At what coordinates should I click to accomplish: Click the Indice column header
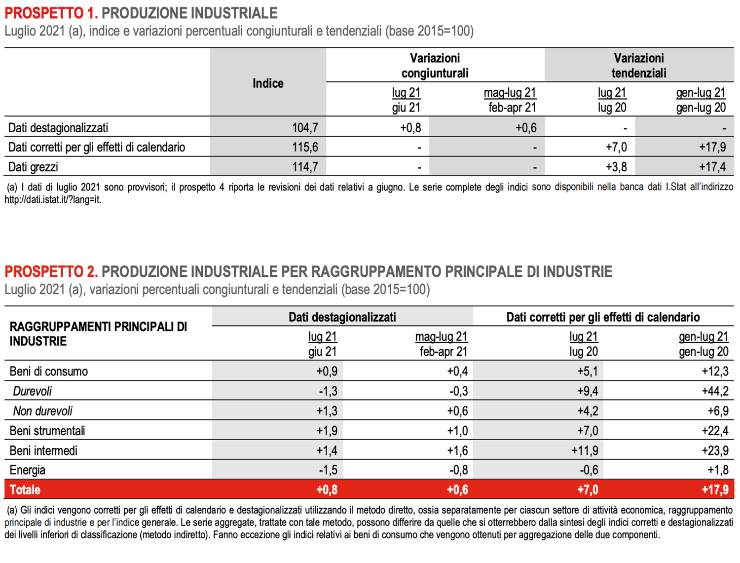coord(268,83)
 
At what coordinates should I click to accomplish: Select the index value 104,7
coord(305,128)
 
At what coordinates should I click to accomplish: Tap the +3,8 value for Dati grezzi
coord(616,167)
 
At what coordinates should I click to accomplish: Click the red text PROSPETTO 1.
coord(51,13)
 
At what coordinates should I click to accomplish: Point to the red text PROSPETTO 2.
coord(51,271)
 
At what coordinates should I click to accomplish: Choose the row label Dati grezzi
coord(33,167)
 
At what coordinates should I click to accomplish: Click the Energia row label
coord(28,470)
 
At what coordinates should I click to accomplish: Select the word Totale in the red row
coord(25,489)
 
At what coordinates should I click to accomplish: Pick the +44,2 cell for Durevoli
coord(715,391)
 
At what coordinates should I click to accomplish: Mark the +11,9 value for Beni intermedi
coord(585,450)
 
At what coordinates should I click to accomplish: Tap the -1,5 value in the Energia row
coord(328,470)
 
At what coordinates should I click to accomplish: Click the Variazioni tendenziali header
coord(639,66)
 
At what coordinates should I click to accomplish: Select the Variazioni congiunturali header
coord(435,66)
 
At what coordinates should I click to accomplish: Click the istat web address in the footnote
coord(53,200)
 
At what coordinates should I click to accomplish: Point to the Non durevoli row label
coord(42,411)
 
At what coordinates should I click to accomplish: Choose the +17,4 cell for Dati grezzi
coord(712,167)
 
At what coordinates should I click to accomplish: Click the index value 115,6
coord(305,147)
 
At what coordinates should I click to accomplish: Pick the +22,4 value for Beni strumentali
coord(715,431)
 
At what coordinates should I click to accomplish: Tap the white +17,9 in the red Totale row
coord(715,489)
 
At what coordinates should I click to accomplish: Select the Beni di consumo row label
coord(49,372)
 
